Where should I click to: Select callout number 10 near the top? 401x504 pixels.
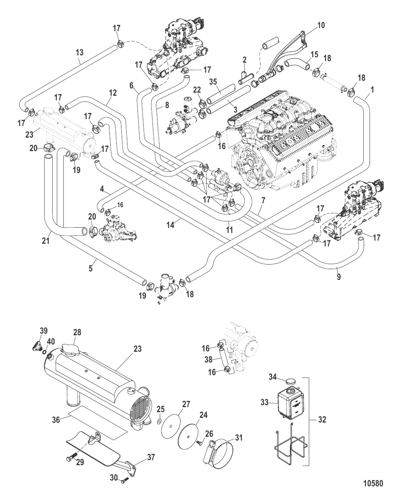point(321,25)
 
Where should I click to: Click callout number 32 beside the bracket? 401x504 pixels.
point(322,419)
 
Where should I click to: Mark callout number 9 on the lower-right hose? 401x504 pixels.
point(338,276)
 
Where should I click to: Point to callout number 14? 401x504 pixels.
point(171,225)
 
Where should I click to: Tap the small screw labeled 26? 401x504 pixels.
point(199,443)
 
